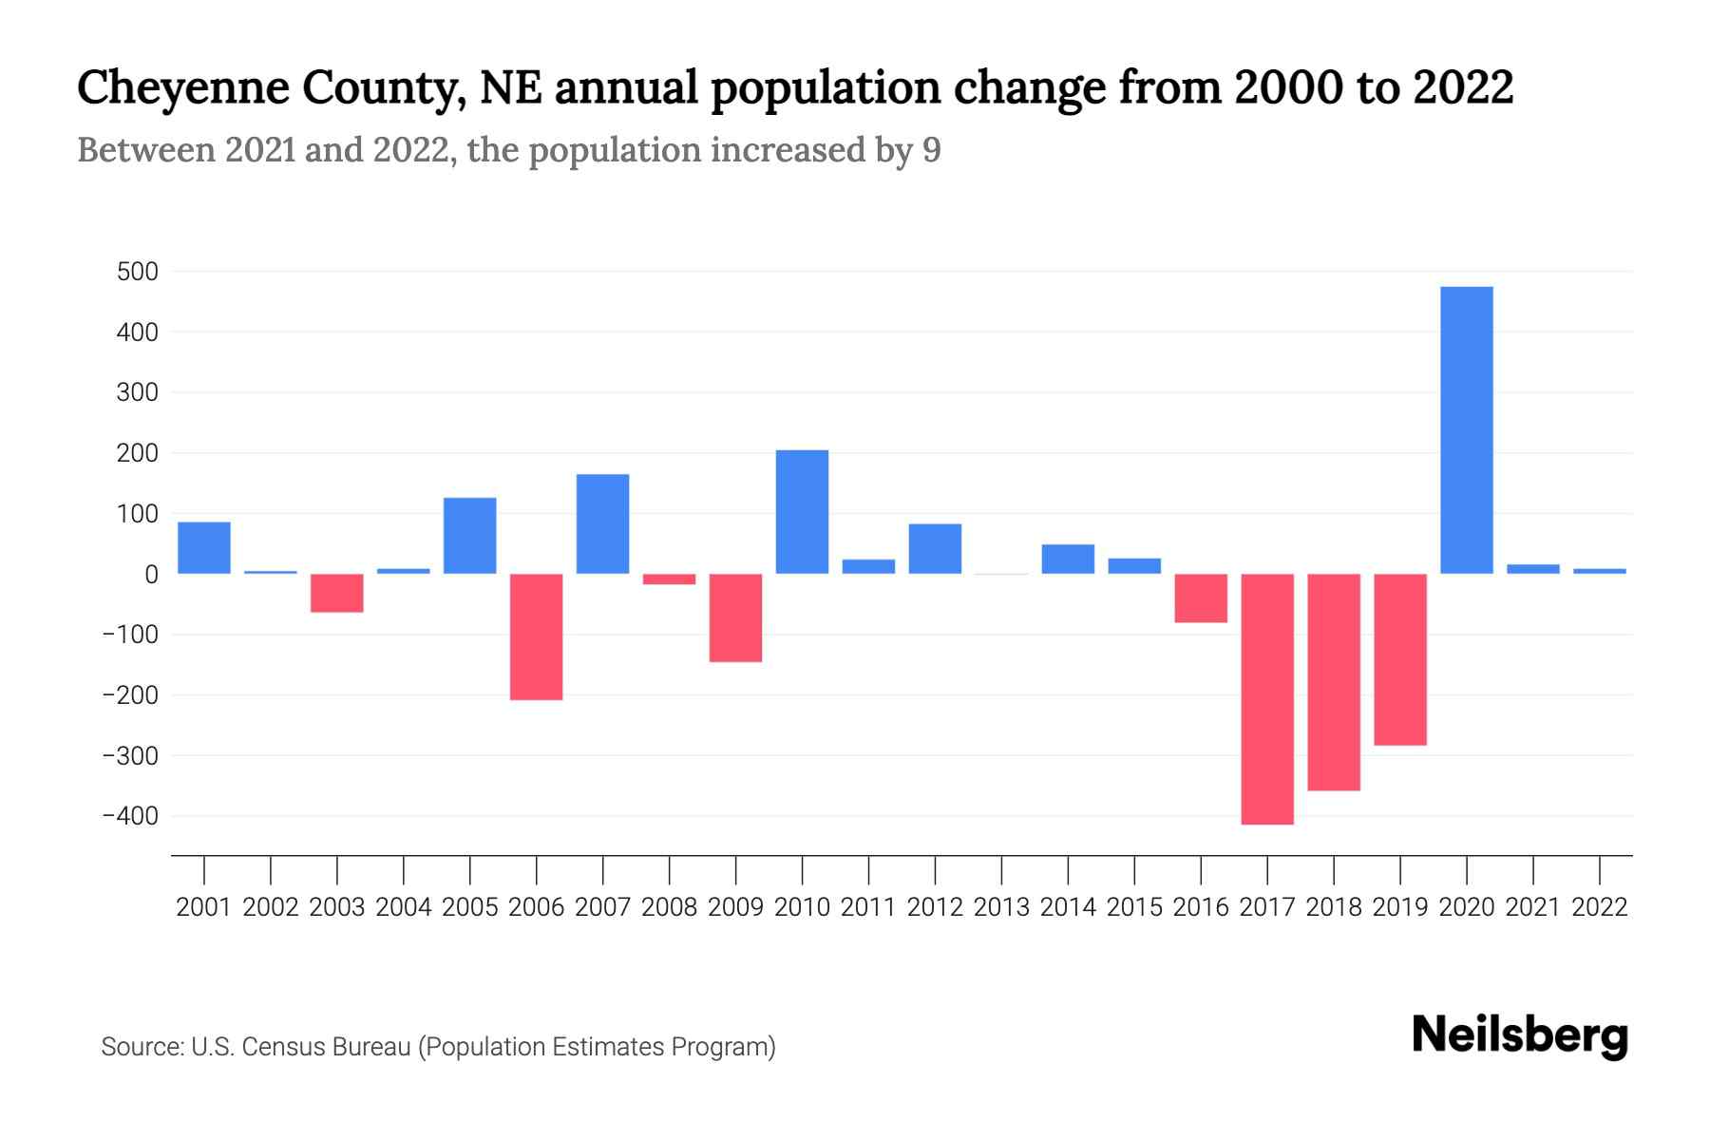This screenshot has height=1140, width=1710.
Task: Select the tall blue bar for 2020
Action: [1466, 430]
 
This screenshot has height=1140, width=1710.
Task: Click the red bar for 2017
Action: [1267, 698]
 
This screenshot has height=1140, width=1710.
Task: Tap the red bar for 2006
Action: [536, 636]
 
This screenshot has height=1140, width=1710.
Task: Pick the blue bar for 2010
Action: [802, 512]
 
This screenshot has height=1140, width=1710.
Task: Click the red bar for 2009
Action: [735, 617]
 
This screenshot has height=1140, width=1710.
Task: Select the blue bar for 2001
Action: [203, 548]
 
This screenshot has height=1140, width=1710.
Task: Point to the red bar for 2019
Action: [1399, 659]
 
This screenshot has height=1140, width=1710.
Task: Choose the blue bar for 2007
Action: [602, 523]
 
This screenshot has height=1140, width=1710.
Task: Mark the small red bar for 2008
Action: [669, 579]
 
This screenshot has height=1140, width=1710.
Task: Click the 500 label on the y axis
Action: [138, 273]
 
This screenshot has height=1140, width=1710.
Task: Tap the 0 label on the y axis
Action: [151, 575]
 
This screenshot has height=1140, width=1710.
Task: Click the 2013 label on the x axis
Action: [1001, 907]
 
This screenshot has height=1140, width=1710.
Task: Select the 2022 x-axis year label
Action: [1600, 907]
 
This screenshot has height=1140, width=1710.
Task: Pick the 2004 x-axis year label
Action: [404, 907]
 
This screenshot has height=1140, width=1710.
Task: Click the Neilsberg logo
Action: [1520, 1035]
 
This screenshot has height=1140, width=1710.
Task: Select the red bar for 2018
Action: [1334, 682]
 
